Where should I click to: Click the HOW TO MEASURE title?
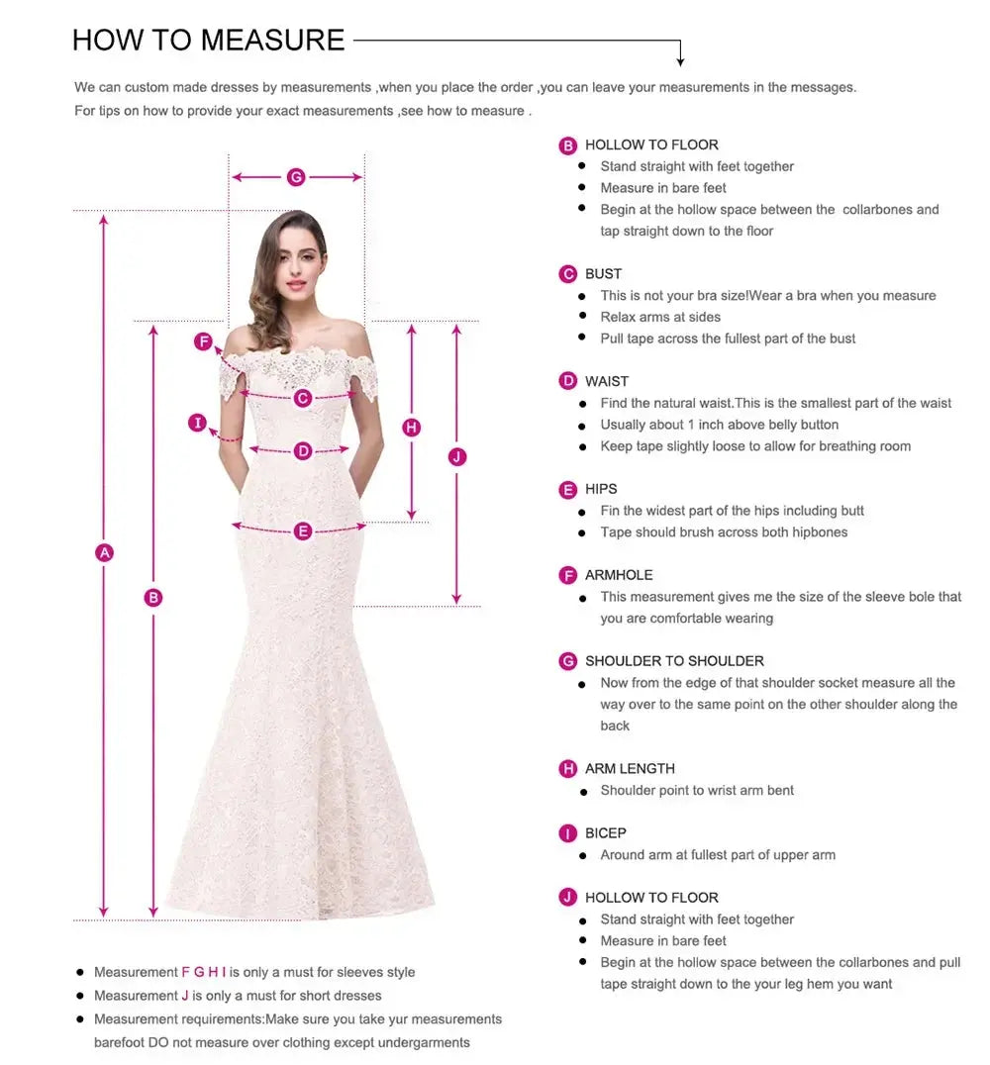pyautogui.click(x=208, y=40)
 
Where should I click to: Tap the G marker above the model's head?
pyautogui.click(x=296, y=177)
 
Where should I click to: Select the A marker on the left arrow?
pyautogui.click(x=104, y=552)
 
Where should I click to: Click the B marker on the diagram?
pyautogui.click(x=153, y=597)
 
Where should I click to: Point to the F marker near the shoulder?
pyautogui.click(x=203, y=341)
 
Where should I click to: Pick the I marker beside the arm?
pyautogui.click(x=198, y=424)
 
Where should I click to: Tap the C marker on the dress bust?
pyautogui.click(x=303, y=398)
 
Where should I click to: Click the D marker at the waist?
pyautogui.click(x=303, y=451)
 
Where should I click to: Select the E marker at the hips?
pyautogui.click(x=303, y=532)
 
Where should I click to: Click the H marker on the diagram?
pyautogui.click(x=412, y=428)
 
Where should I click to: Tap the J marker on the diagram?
pyautogui.click(x=456, y=456)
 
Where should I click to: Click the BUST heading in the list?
pyautogui.click(x=603, y=274)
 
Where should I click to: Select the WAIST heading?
pyautogui.click(x=606, y=381)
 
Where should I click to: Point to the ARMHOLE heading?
pyautogui.click(x=619, y=575)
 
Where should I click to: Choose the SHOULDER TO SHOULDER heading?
pyautogui.click(x=674, y=661)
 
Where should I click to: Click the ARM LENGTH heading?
pyautogui.click(x=630, y=768)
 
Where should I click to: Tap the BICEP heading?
pyautogui.click(x=605, y=833)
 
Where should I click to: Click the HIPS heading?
pyautogui.click(x=601, y=489)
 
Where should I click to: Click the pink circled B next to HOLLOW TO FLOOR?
pyautogui.click(x=568, y=145)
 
